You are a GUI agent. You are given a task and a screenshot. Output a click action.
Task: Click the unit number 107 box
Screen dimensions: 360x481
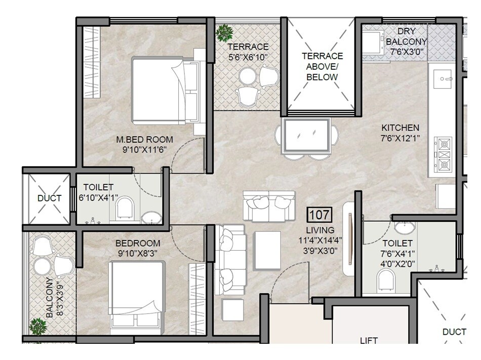tap(319, 215)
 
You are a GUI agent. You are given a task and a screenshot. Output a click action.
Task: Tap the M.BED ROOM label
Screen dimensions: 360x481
tap(144, 140)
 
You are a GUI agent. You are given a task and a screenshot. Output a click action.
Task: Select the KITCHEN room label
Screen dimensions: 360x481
tap(400, 128)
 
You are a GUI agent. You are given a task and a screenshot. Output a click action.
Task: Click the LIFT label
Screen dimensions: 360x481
tap(369, 341)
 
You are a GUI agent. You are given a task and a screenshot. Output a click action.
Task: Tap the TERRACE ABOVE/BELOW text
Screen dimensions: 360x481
tap(323, 66)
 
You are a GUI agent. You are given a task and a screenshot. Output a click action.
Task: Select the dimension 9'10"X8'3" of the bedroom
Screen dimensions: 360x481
tap(138, 253)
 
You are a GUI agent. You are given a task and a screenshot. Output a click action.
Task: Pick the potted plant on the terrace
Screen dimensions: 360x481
tap(223, 34)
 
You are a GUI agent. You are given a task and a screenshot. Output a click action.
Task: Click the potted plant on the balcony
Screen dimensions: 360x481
tap(38, 326)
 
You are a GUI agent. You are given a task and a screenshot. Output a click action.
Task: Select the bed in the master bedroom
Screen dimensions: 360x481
tap(163, 91)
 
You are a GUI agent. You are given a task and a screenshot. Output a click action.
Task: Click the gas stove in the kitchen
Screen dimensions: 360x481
tap(444, 153)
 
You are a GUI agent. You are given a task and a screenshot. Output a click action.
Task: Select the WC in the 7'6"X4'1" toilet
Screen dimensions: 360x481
tap(386, 280)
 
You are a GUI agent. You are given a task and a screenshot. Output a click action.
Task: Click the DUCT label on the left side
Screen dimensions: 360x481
tap(50, 198)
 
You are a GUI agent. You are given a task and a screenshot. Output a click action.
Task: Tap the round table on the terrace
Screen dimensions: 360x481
tap(248, 76)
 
